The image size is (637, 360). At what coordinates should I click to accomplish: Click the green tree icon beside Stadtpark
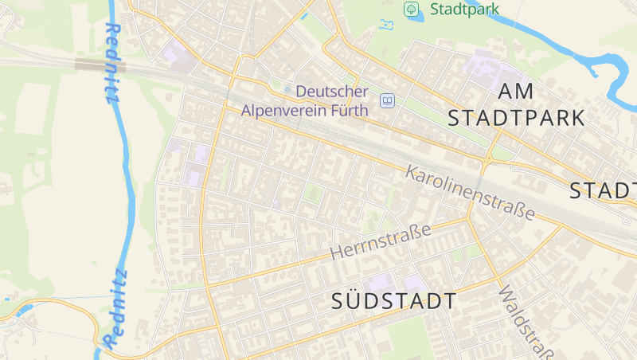411,10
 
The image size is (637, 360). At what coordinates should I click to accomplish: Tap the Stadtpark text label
465,10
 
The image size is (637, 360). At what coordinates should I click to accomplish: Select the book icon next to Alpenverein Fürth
387,100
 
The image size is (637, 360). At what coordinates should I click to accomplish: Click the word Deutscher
332,92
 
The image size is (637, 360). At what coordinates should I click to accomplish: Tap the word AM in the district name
516,92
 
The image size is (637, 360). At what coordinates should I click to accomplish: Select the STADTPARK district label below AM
516,119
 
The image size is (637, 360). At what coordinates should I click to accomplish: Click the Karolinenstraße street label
470,192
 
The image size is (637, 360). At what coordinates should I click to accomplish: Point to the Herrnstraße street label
381,241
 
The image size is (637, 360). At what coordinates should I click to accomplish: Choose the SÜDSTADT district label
394,302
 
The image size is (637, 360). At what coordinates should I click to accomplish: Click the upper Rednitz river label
111,64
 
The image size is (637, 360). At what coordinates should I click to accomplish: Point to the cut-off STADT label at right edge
604,191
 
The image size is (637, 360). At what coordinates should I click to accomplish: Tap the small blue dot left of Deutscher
287,90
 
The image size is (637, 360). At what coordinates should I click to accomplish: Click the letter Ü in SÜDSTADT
355,301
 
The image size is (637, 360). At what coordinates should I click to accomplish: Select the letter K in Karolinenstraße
412,172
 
